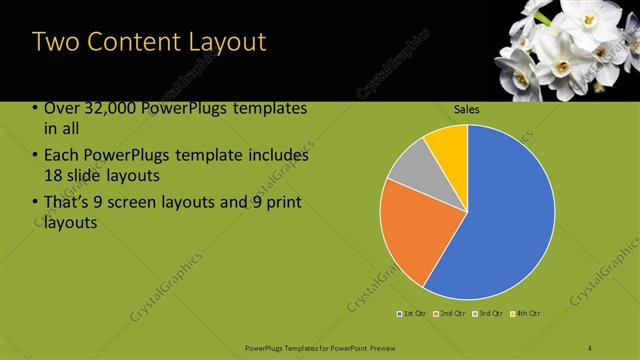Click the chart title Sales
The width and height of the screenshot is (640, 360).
(467, 108)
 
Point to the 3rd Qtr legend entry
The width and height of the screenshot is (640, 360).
(490, 314)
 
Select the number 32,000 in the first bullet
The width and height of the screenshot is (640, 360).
(109, 109)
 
